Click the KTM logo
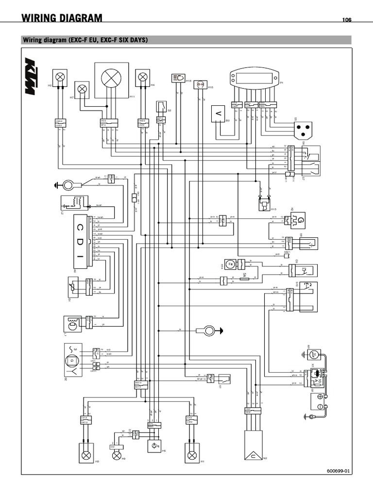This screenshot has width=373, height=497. pyautogui.click(x=31, y=76)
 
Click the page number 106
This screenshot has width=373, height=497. pyautogui.click(x=346, y=20)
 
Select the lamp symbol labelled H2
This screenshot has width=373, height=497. pyautogui.click(x=60, y=76)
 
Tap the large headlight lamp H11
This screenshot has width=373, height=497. pyautogui.click(x=112, y=78)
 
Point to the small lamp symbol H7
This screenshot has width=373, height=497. pyautogui.click(x=83, y=88)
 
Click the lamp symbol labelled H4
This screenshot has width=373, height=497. pyautogui.click(x=142, y=76)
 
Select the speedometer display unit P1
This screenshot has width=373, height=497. pyautogui.click(x=254, y=78)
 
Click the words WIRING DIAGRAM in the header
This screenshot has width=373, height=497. pyautogui.click(x=62, y=18)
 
